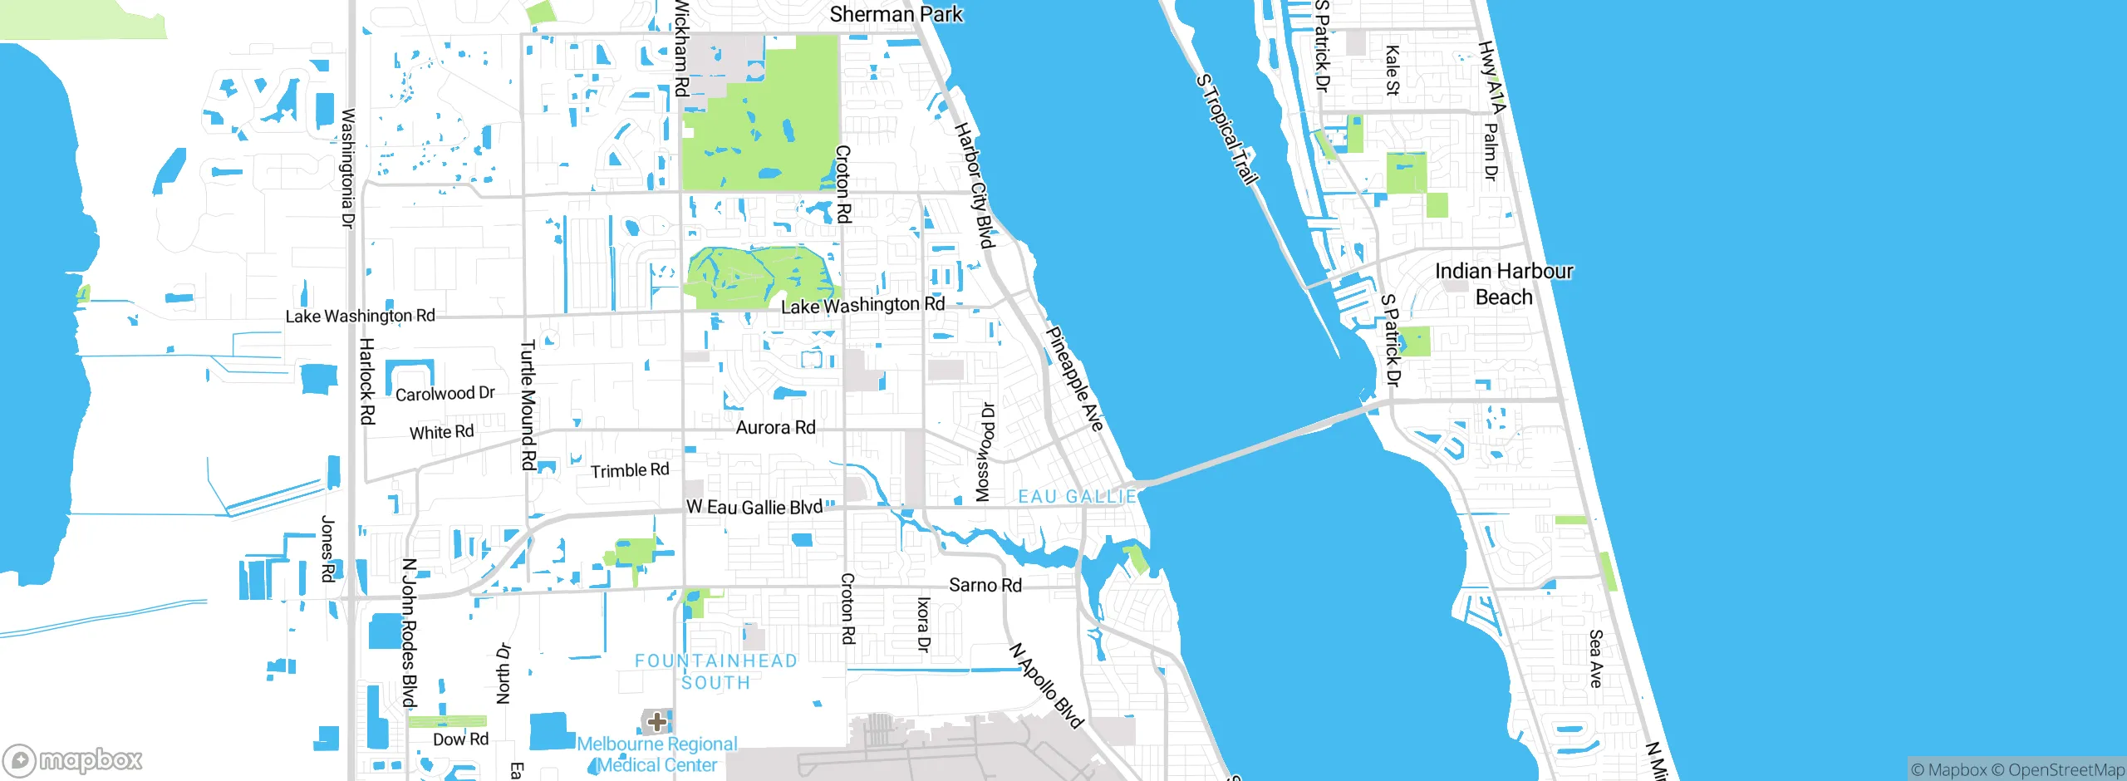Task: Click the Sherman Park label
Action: coord(896,14)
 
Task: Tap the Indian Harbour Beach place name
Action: coord(1503,284)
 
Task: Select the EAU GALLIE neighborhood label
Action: coord(1077,497)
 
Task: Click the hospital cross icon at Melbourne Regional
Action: coord(656,720)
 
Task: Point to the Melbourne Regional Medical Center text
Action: coord(657,754)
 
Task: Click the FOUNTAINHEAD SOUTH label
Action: coord(715,671)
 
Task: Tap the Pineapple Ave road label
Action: coord(1073,379)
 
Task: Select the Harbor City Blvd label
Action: coord(974,185)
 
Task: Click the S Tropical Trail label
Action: coord(1227,129)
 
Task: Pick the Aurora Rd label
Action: coord(775,428)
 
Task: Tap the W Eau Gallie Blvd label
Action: coord(754,508)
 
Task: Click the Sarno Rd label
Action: coord(985,585)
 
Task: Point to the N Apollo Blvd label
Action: coord(1046,685)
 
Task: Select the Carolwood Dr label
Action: coord(445,394)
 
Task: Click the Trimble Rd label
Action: coord(629,471)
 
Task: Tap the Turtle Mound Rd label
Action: coord(528,405)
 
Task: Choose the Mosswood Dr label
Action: coord(983,453)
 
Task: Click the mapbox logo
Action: coord(73,759)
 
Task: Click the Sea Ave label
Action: coord(1595,659)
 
